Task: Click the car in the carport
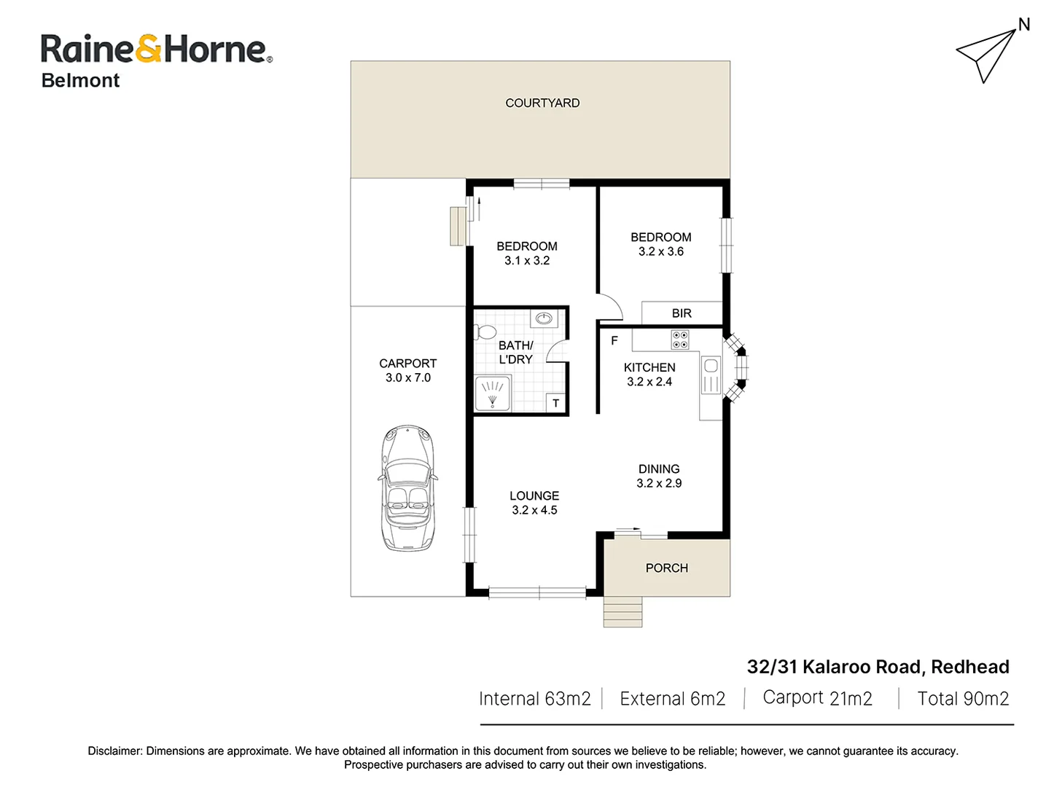coord(407,488)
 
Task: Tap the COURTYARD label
coord(542,103)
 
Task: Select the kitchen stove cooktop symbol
coord(679,340)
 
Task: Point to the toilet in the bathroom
coord(485,332)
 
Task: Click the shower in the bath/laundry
coord(493,393)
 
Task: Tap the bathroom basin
coord(544,318)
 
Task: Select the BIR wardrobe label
coord(682,313)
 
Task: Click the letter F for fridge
coord(614,340)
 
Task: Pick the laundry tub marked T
coord(556,403)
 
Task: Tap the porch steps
coord(622,612)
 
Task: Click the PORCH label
coord(666,568)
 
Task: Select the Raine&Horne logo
coord(156,49)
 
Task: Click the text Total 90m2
coord(962,699)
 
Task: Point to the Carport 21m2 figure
coord(817,698)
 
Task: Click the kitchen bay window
coord(738,367)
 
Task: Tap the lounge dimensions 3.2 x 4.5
coord(534,510)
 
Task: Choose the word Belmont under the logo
coord(80,81)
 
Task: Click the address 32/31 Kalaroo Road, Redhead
coord(878,667)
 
